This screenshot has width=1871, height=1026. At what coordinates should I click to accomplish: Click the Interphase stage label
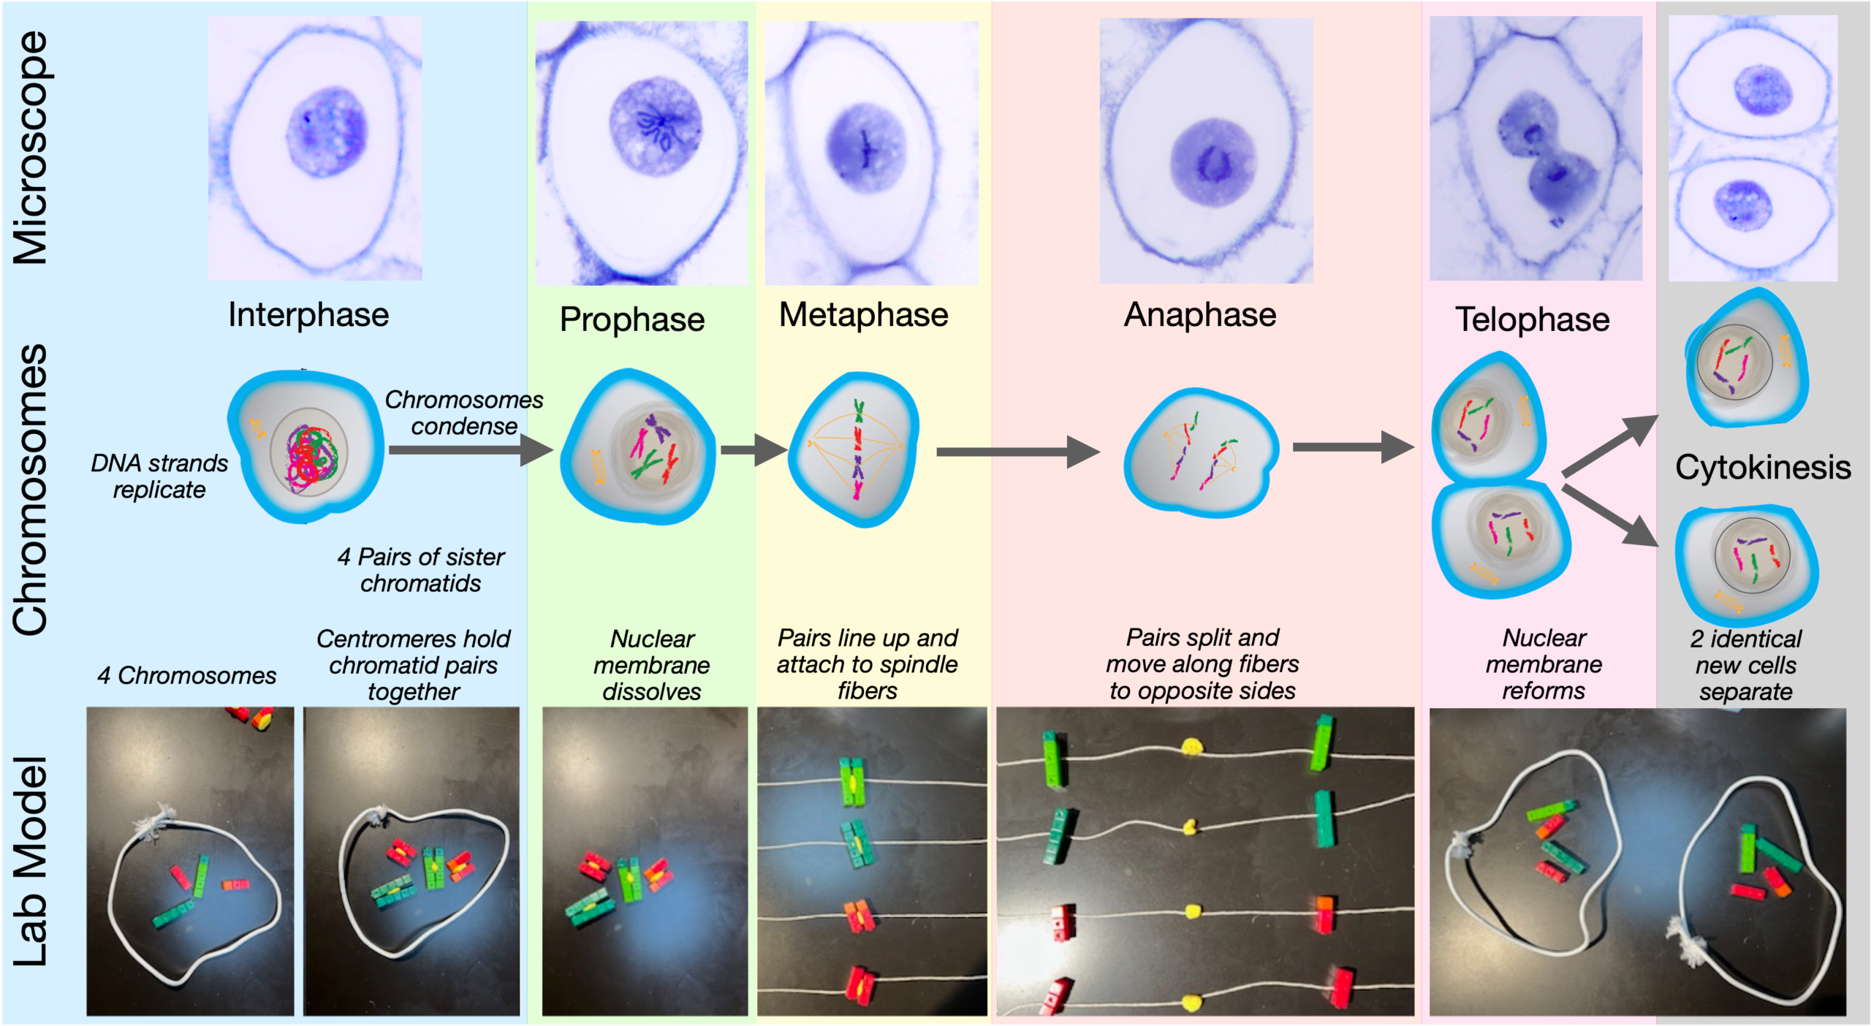coord(308,315)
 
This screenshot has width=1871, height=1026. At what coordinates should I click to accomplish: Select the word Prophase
coord(632,319)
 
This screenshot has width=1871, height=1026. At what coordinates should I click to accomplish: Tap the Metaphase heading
coord(863,315)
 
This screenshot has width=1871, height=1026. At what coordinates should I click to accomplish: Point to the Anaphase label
coord(1200,315)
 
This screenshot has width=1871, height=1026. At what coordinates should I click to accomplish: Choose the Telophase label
coord(1532,319)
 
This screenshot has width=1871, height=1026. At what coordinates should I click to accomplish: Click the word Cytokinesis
coord(1762,467)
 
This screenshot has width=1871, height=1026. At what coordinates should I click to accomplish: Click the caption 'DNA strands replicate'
coord(159,476)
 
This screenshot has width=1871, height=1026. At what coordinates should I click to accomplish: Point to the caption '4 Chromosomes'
coord(186,675)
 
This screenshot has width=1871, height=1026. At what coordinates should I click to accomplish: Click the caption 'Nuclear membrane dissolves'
coord(651,665)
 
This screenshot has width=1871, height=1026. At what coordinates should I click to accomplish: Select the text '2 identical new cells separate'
coord(1745,665)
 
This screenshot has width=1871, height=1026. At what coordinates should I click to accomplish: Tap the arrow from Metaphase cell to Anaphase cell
coord(1017,452)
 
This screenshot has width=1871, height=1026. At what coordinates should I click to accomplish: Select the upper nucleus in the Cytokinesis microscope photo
coord(1762,91)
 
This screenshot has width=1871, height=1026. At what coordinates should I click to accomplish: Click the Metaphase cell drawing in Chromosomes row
coord(856,449)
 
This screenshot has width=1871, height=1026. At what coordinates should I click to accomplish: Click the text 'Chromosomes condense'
coord(464,413)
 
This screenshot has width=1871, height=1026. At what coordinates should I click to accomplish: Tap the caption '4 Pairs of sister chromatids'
coord(420,570)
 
